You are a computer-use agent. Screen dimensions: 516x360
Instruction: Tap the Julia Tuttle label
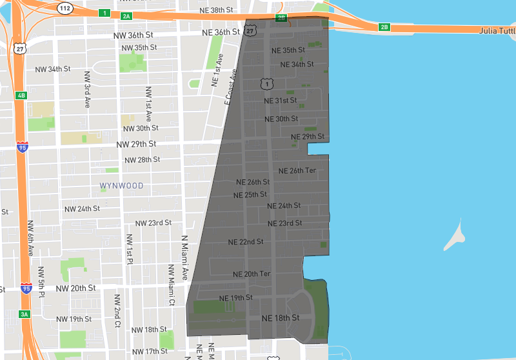coord(497,30)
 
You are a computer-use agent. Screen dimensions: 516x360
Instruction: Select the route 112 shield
coord(64,8)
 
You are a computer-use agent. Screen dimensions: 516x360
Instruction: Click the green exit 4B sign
coord(21,95)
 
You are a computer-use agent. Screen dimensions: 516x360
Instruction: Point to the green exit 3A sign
coord(25,314)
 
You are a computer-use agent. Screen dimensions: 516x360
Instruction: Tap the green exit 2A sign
coord(126,15)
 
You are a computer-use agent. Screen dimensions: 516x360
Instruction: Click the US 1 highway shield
coord(266,84)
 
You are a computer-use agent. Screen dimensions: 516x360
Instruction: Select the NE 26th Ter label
coord(297,171)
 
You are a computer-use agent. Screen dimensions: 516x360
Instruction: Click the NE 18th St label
coord(281,318)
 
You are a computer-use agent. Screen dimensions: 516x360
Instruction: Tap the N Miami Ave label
coord(184,257)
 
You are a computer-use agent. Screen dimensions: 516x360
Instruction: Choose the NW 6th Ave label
coord(30,237)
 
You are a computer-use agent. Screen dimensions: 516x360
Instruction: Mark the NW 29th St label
coord(137,145)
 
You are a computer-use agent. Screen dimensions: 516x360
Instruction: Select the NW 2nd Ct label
coord(117,310)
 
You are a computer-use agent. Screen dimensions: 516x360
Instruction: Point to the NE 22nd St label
coord(246,242)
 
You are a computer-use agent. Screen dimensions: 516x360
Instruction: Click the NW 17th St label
coord(149,351)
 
